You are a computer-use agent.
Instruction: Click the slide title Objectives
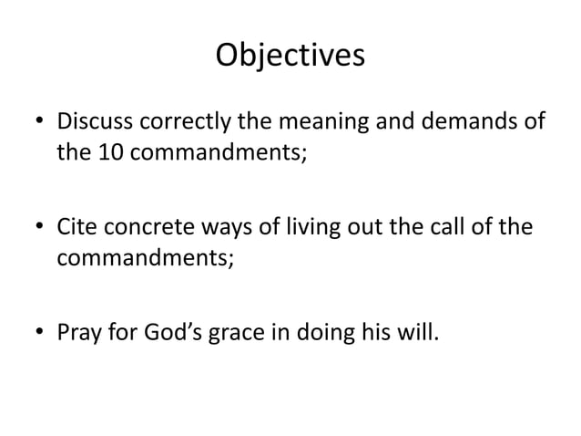pyautogui.click(x=290, y=55)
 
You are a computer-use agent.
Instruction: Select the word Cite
pyautogui.click(x=78, y=227)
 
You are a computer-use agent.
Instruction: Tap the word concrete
pyautogui.click(x=150, y=227)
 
